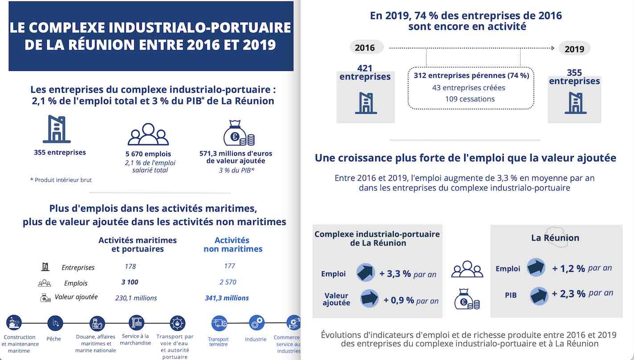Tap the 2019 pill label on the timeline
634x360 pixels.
pyautogui.click(x=574, y=49)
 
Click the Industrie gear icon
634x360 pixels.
pyautogui.click(x=256, y=323)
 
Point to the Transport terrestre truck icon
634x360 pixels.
pyautogui.click(x=219, y=323)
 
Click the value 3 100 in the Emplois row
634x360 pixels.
pyautogui.click(x=130, y=282)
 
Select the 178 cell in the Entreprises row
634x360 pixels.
pyautogui.click(x=130, y=266)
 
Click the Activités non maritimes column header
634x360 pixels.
pyautogui.click(x=233, y=245)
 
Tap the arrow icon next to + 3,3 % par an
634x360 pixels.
pyautogui.click(x=366, y=273)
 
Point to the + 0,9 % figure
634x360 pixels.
pyautogui.click(x=399, y=301)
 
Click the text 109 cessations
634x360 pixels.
pyautogui.click(x=470, y=99)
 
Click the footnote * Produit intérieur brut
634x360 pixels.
pyautogui.click(x=61, y=180)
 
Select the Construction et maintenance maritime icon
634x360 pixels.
pyautogui.click(x=14, y=323)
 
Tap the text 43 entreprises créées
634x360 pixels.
pyautogui.click(x=469, y=87)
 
